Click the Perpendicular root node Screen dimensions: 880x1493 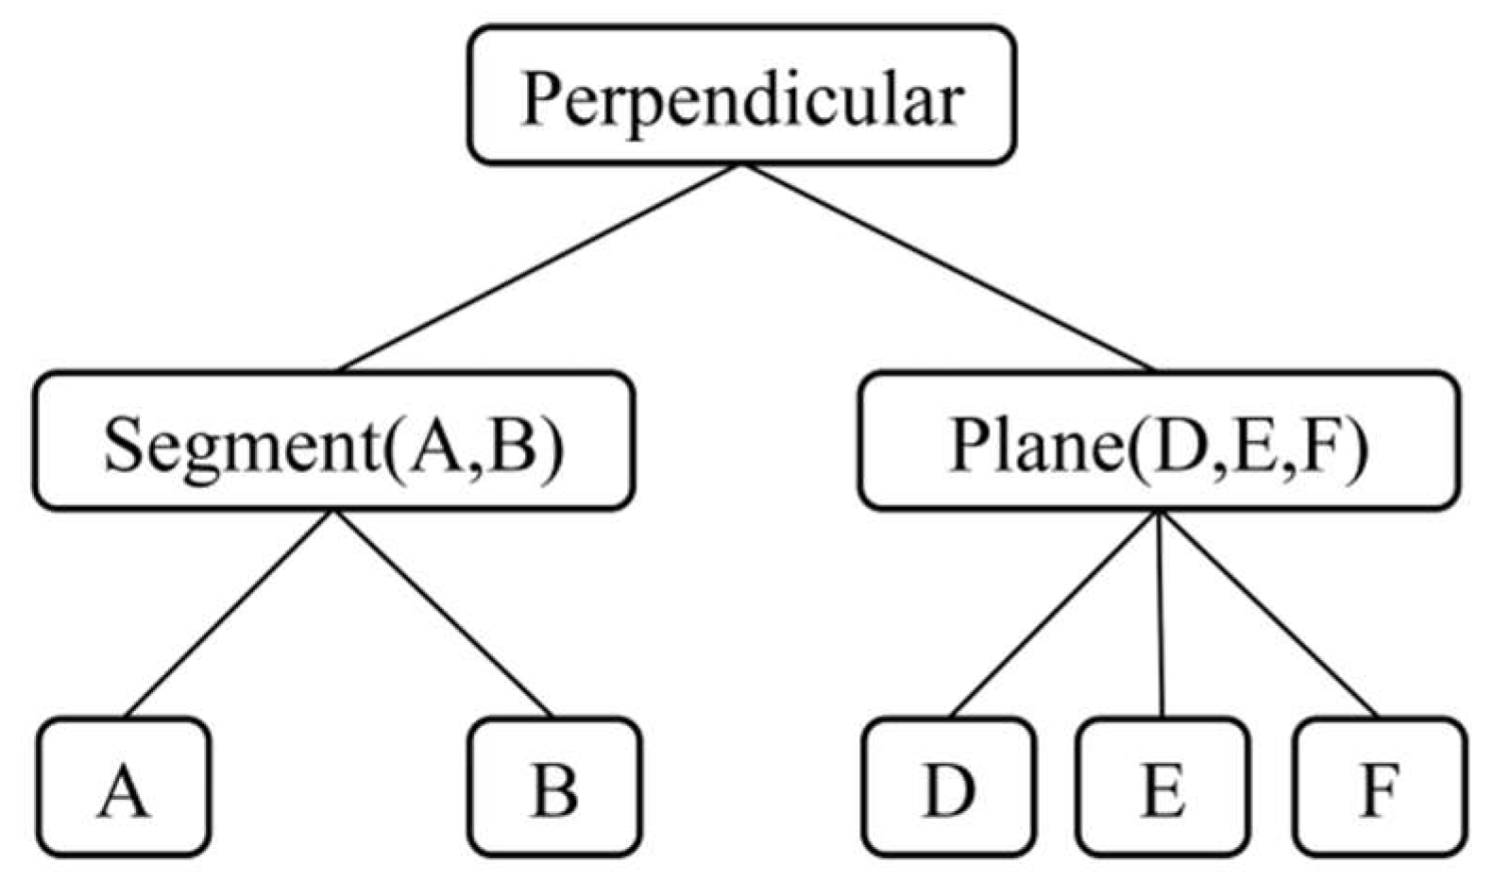click(x=741, y=95)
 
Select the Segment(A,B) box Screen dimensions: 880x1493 click(x=333, y=441)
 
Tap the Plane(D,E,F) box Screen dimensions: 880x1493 click(x=1158, y=441)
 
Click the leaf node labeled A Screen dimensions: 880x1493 click(x=124, y=787)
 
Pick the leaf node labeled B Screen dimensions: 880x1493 click(x=555, y=787)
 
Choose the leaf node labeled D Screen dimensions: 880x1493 click(x=948, y=787)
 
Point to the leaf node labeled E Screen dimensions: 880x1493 click(x=1162, y=787)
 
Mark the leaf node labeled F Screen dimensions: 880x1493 click(x=1380, y=787)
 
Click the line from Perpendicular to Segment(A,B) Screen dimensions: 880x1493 click(x=540, y=267)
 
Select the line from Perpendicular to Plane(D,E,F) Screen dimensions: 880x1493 click(x=947, y=267)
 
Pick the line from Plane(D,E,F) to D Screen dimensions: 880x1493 click(x=1054, y=614)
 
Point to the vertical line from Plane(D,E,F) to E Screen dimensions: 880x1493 click(x=1160, y=614)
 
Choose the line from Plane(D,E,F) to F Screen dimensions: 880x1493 click(x=1266, y=614)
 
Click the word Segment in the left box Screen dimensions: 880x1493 click(x=241, y=444)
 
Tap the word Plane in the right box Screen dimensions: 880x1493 click(x=1034, y=444)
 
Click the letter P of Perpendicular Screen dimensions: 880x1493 click(x=543, y=98)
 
